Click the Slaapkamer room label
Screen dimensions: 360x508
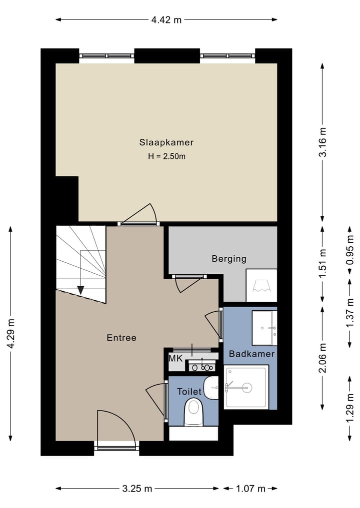pyautogui.click(x=166, y=142)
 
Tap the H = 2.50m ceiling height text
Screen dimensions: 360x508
pyautogui.click(x=166, y=156)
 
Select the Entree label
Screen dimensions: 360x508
pyautogui.click(x=121, y=338)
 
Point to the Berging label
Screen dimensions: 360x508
pyautogui.click(x=229, y=259)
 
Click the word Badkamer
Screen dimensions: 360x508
pyautogui.click(x=251, y=354)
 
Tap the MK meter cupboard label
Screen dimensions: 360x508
pyautogui.click(x=176, y=359)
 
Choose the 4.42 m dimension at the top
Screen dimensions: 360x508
pyautogui.click(x=166, y=20)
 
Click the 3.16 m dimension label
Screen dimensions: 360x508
pyautogui.click(x=323, y=142)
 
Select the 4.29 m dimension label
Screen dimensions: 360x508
pyautogui.click(x=11, y=333)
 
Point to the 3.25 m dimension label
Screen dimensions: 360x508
pyautogui.click(x=137, y=489)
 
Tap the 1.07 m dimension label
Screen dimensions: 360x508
pyautogui.click(x=250, y=489)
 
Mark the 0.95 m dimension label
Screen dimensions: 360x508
pyautogui.click(x=349, y=250)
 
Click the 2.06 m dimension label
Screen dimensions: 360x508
pyautogui.click(x=323, y=358)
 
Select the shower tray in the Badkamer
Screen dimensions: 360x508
pyautogui.click(x=246, y=387)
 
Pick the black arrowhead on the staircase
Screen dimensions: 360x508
pyautogui.click(x=80, y=290)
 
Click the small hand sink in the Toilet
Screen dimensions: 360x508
pyautogui.click(x=211, y=388)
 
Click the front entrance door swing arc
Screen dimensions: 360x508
pyautogui.click(x=125, y=419)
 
